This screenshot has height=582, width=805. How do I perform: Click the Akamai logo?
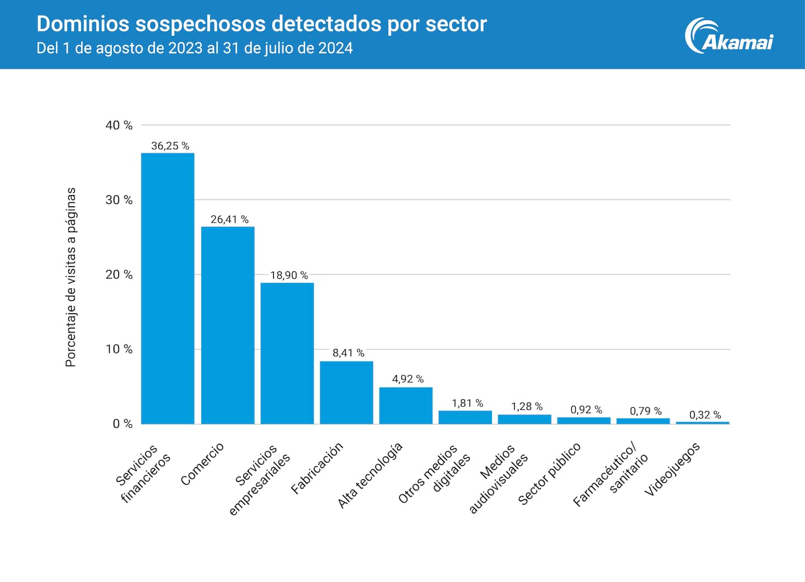729,37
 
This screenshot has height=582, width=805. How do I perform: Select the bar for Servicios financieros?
168,288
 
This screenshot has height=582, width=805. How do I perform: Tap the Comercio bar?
228,325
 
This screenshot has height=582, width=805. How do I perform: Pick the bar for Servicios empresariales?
287,353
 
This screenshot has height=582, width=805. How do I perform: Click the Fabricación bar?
346,392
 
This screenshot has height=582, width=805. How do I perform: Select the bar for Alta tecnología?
405,405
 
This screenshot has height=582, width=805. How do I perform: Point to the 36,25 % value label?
170,146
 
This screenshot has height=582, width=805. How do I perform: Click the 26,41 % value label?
229,220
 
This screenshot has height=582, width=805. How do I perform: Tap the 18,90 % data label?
289,275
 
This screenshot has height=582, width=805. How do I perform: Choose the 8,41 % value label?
348,353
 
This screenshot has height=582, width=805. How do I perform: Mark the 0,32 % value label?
705,415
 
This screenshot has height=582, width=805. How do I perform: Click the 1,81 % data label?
467,403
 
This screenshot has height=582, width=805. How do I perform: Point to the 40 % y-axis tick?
119,125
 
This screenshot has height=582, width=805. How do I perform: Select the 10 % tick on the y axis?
119,349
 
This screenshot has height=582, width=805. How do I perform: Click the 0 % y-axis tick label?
122,424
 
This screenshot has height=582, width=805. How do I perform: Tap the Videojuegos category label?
672,469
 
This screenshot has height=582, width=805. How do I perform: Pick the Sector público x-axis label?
550,473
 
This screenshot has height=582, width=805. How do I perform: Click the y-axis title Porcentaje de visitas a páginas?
70,277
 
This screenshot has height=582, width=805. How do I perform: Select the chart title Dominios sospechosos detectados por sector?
262,24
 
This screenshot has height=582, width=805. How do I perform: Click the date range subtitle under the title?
195,48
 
